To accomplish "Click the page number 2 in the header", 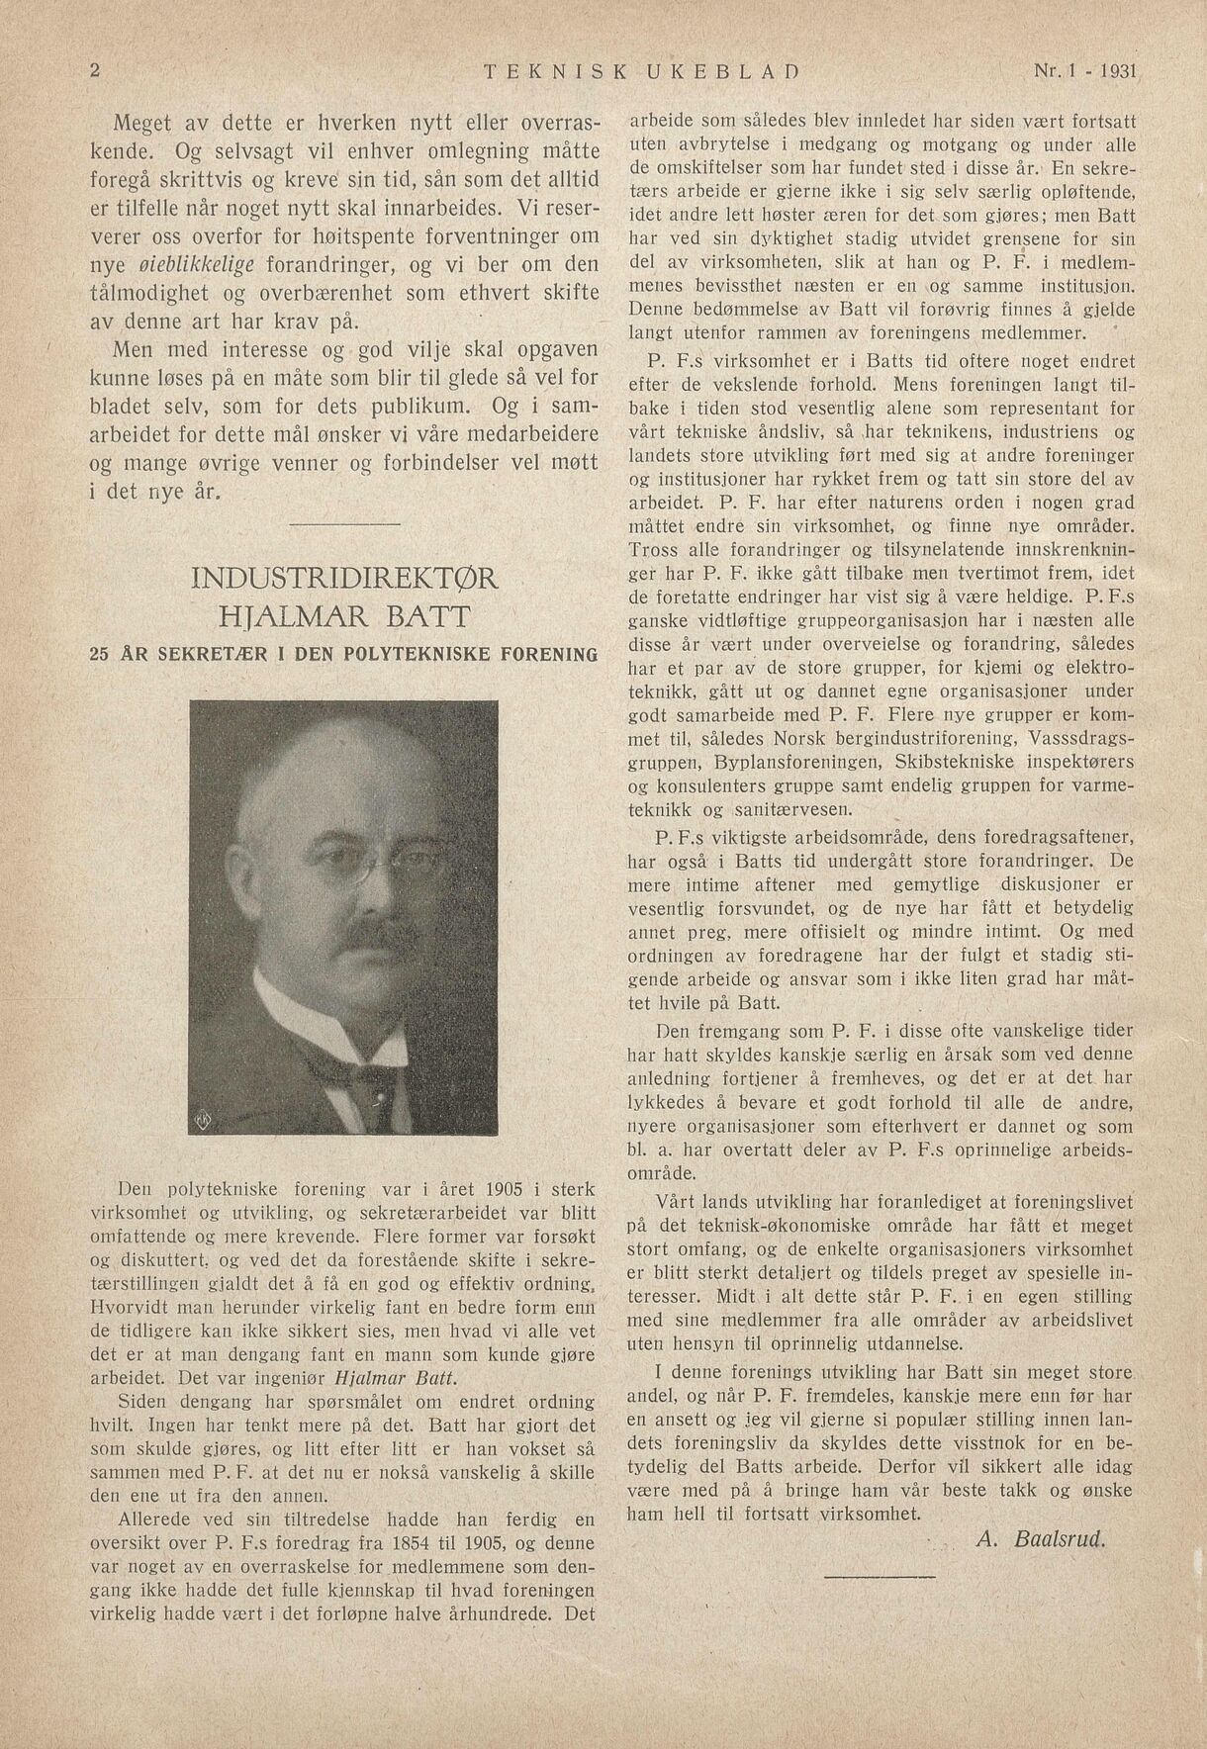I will (95, 71).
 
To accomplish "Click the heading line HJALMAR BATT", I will (343, 619).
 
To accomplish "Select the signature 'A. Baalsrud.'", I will (1039, 1538).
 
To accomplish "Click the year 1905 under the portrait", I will (508, 1189).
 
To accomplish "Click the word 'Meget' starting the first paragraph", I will (144, 126).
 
